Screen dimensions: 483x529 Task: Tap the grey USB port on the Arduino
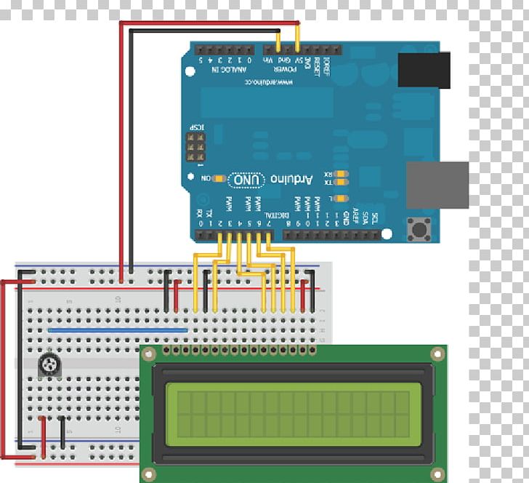pyautogui.click(x=436, y=185)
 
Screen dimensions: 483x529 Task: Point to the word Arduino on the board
pyautogui.click(x=292, y=179)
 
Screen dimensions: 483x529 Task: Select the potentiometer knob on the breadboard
pyautogui.click(x=50, y=365)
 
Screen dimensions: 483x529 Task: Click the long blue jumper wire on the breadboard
pyautogui.click(x=118, y=330)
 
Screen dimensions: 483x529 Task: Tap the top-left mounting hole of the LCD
pyautogui.click(x=148, y=354)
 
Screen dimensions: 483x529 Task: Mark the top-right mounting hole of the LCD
pyautogui.click(x=437, y=354)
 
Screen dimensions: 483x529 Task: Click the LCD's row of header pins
pyautogui.click(x=240, y=351)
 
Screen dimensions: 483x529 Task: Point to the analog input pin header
pyautogui.click(x=225, y=49)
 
